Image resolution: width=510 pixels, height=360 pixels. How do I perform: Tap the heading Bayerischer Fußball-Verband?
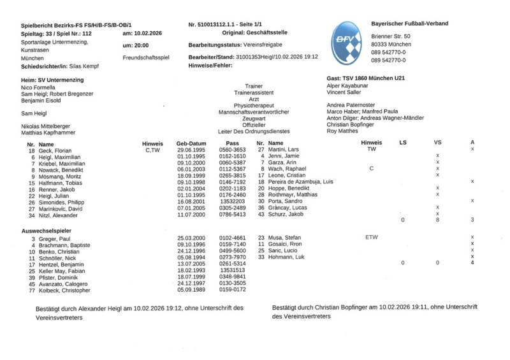point(409,24)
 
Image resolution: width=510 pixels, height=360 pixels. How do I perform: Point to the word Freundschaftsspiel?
point(146,57)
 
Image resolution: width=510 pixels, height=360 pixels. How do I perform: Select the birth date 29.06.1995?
point(191,150)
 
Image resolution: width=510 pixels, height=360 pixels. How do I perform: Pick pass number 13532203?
point(233,201)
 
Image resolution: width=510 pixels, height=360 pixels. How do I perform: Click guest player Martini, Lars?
point(284,150)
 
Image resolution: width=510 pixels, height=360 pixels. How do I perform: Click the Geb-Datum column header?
point(191,143)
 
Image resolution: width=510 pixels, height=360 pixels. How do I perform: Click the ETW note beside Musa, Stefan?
point(371,237)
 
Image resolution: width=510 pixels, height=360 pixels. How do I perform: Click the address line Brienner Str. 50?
point(391,36)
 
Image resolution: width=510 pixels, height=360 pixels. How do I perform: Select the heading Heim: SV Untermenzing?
point(52,78)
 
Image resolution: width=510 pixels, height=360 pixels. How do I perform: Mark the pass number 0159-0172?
point(233,289)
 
